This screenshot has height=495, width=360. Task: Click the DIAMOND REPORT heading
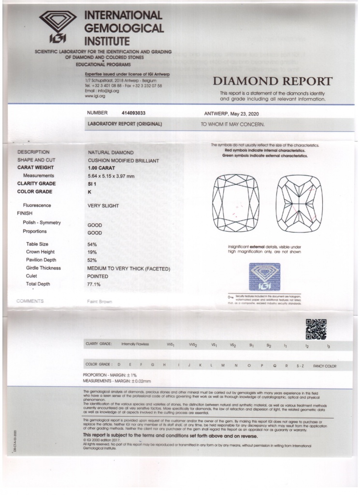click(x=273, y=81)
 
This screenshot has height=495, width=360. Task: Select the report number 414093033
click(x=132, y=113)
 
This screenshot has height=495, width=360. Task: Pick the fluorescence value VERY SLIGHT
click(x=103, y=205)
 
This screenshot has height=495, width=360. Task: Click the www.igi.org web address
click(x=95, y=96)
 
